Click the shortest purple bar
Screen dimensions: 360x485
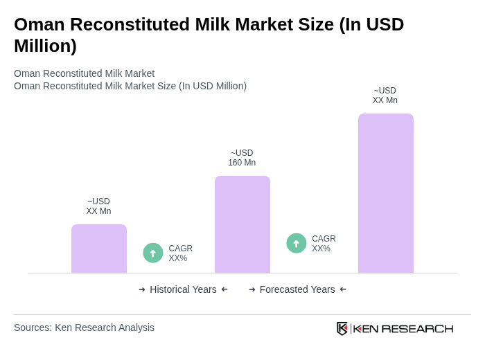point(99,249)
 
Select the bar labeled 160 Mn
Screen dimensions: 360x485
point(242,224)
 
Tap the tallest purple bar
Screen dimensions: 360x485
point(385,193)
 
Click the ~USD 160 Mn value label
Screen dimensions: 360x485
point(242,158)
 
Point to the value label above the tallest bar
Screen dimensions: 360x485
point(385,96)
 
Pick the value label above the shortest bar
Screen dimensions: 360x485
point(98,206)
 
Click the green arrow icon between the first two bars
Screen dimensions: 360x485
point(153,253)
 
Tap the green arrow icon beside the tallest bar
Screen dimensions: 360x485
point(297,244)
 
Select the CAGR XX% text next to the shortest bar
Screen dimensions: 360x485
point(181,253)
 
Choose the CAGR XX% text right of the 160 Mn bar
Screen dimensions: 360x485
point(324,244)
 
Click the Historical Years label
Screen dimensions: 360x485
point(183,289)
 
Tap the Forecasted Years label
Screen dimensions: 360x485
point(297,289)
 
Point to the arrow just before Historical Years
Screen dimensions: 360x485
point(142,289)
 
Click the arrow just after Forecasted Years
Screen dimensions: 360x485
point(343,289)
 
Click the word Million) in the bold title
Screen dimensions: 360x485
point(45,46)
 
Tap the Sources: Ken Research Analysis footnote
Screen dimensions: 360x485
point(84,327)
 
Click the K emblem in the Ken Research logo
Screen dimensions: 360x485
point(342,328)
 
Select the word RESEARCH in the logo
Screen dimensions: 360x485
point(417,328)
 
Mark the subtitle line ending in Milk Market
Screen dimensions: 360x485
point(84,73)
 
